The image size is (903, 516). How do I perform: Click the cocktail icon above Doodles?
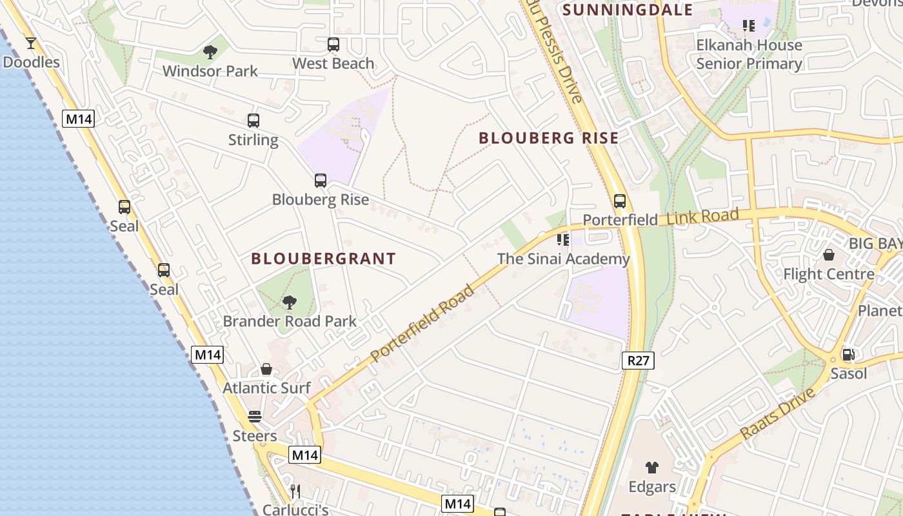click(x=30, y=43)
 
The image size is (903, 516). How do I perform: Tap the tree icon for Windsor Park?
click(x=210, y=52)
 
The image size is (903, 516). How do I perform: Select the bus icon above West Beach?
click(x=333, y=45)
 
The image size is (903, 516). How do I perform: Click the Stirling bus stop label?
click(x=253, y=140)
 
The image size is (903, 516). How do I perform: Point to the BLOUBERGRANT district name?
click(x=324, y=259)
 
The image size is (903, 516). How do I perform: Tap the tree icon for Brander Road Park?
click(x=290, y=302)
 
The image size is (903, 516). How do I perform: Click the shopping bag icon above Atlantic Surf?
click(x=266, y=369)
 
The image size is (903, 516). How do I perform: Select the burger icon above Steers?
click(x=255, y=417)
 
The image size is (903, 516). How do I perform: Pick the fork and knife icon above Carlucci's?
click(x=295, y=491)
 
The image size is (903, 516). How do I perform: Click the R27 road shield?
click(x=639, y=360)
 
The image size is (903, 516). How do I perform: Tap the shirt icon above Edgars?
click(x=651, y=468)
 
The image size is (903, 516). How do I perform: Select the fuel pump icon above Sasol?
click(x=848, y=354)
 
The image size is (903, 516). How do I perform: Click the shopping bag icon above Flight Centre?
click(x=829, y=255)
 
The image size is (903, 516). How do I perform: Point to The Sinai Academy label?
click(x=563, y=259)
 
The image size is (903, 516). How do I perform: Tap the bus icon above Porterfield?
click(x=620, y=201)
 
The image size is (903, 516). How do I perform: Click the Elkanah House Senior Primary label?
click(x=749, y=54)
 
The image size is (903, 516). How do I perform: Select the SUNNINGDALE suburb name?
click(x=628, y=10)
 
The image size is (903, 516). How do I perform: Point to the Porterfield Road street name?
click(x=423, y=322)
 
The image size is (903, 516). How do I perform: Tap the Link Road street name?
click(x=702, y=216)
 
